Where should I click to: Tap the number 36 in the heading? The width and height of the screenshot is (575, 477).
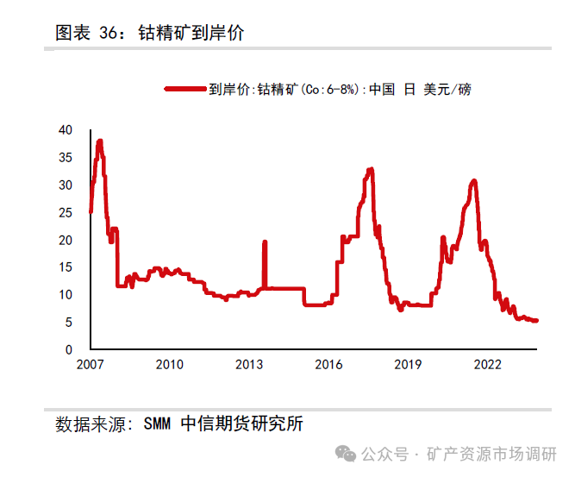[x=108, y=34]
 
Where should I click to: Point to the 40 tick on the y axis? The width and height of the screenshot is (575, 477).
[x=66, y=130]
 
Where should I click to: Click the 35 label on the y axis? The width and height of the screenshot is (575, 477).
[x=66, y=158]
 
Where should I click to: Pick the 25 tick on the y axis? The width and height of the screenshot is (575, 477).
[x=66, y=213]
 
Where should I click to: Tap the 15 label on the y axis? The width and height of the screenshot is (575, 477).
[x=66, y=267]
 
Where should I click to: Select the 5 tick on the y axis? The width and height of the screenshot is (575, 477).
[x=69, y=323]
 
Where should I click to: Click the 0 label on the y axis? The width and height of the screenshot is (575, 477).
[x=69, y=350]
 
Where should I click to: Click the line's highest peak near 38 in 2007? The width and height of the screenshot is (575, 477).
[x=100, y=141]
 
